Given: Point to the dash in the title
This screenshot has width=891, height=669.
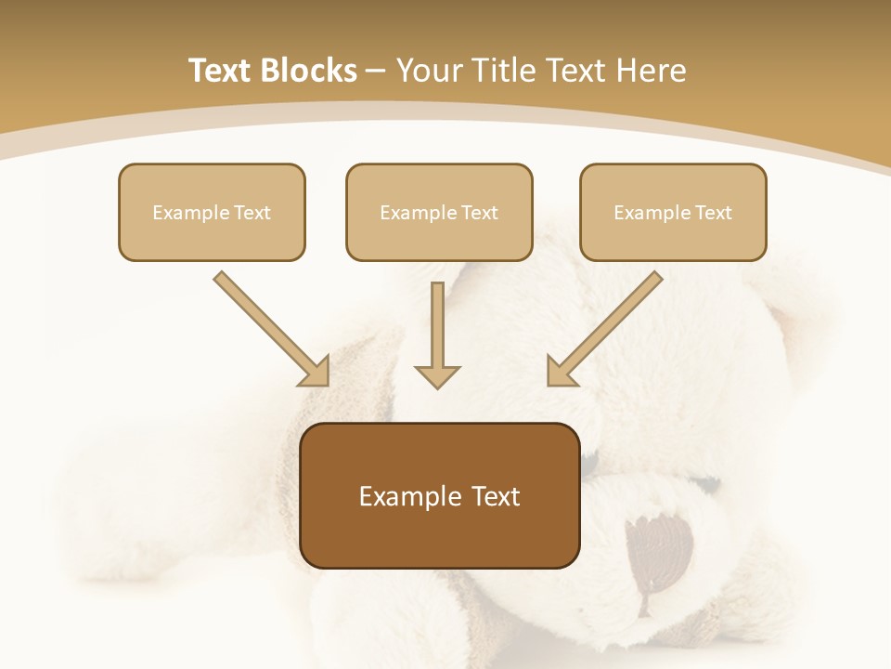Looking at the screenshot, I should pyautogui.click(x=376, y=71).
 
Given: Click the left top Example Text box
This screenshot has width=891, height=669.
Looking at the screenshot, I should pyautogui.click(x=212, y=212).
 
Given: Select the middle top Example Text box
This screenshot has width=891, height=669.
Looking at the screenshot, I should pyautogui.click(x=439, y=212).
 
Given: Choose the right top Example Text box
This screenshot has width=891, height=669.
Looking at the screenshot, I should pyautogui.click(x=673, y=212).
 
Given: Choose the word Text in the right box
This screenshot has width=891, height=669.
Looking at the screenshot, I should pyautogui.click(x=713, y=213).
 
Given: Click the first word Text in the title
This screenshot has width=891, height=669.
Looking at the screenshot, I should pyautogui.click(x=220, y=71).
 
